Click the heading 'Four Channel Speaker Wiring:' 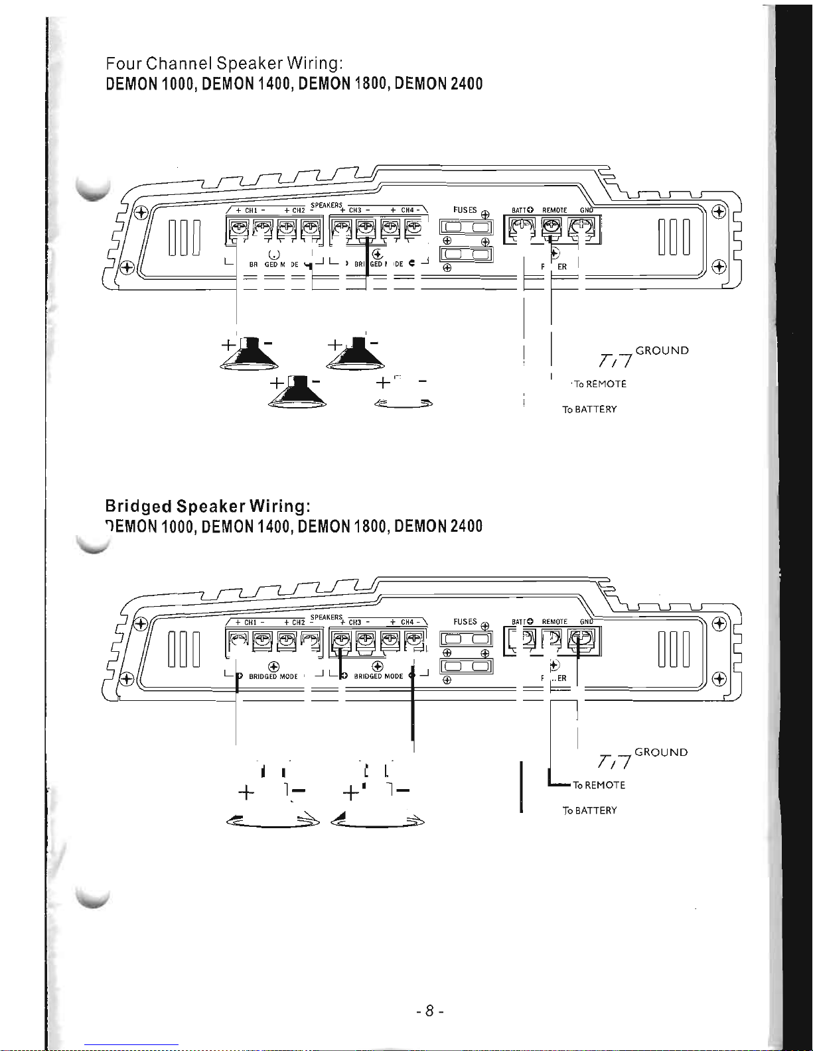point(224,64)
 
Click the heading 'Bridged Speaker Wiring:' point(207,507)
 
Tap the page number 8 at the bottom point(429,1011)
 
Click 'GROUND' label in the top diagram point(662,350)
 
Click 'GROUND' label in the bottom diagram point(661,752)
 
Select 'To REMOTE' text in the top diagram point(599,384)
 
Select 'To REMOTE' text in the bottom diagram point(599,785)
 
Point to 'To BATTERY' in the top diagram point(589,409)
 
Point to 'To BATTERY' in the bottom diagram point(589,810)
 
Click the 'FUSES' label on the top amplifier point(465,210)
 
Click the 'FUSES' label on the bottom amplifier point(465,621)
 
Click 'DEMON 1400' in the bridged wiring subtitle point(247,526)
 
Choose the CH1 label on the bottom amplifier point(250,623)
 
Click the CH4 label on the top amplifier point(407,210)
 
